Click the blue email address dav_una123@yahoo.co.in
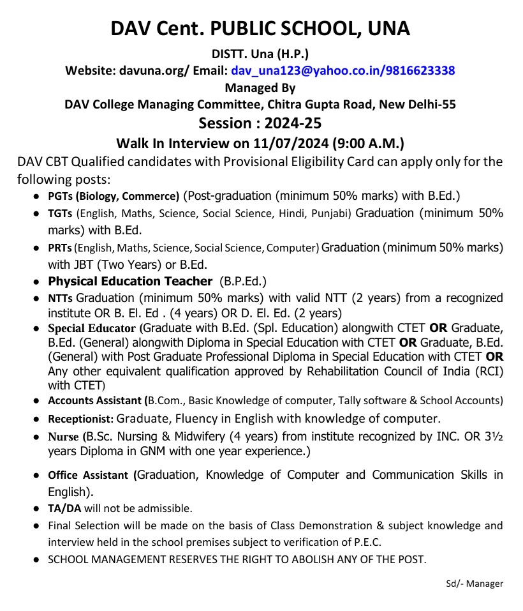(305, 71)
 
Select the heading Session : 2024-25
(260, 123)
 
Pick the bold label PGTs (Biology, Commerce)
(114, 196)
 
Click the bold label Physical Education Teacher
(130, 281)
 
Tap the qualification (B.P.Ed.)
(243, 281)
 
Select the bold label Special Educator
(92, 328)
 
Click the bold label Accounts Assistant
(96, 401)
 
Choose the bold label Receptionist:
(81, 419)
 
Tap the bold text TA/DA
(62, 509)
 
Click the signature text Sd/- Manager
(475, 584)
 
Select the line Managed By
(260, 88)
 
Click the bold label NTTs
(61, 298)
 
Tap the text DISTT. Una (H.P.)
(260, 55)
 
